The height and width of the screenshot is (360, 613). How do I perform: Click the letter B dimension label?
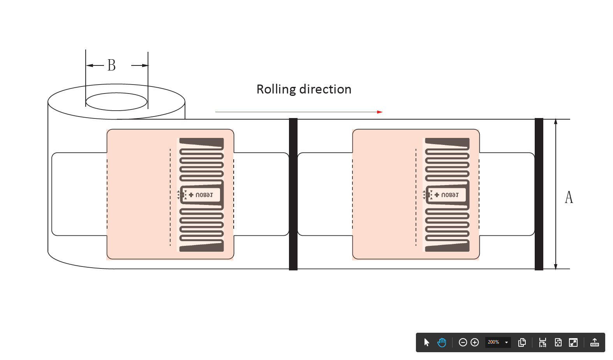tap(111, 65)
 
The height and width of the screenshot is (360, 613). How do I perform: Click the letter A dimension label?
tap(569, 197)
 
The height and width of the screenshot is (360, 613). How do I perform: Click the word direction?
tap(325, 89)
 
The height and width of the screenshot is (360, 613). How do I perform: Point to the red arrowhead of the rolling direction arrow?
tap(380, 112)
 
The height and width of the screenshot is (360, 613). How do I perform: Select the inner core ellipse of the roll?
tap(116, 102)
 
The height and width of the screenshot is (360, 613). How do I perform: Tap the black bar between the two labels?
tap(293, 194)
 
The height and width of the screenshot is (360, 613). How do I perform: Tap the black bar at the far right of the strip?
tap(539, 194)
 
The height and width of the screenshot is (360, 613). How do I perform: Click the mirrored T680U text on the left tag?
tap(204, 195)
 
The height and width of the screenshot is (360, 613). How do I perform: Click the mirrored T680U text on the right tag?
tap(450, 195)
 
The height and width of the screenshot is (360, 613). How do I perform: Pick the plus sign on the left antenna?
tap(191, 195)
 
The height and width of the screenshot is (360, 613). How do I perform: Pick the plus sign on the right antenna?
tap(437, 195)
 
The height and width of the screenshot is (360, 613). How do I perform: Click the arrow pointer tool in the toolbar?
tap(426, 342)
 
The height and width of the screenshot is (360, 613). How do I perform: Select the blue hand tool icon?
tap(442, 342)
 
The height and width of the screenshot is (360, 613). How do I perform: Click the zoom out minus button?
tap(463, 342)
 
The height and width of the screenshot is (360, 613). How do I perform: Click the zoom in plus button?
tap(474, 342)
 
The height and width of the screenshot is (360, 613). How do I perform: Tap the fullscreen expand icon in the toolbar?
tap(573, 342)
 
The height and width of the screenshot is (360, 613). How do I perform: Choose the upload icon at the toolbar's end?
tap(594, 342)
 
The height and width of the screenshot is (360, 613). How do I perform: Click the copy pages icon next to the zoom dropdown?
tap(522, 342)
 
